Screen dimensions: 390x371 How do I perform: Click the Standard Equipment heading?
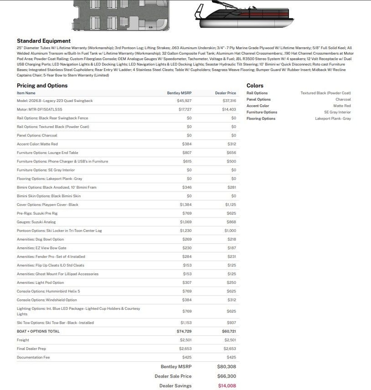pos(44,41)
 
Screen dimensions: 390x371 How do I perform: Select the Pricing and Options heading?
pos(42,85)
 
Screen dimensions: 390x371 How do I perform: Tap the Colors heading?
pos(255,85)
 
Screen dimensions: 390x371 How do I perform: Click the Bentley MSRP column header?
pos(179,93)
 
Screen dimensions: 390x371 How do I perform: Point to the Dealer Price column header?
pos(225,93)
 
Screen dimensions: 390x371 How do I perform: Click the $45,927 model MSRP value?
pos(184,101)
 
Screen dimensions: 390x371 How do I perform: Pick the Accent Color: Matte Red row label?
pos(37,144)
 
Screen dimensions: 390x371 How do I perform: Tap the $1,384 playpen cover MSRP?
pos(185,205)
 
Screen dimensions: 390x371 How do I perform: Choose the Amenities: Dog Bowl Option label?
pos(40,239)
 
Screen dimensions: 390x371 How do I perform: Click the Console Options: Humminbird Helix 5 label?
pos(48,291)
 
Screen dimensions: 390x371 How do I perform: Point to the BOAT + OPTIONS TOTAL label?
pos(38,332)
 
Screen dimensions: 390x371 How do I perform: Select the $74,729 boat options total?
pos(184,332)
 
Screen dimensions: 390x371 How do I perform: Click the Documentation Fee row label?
pos(33,358)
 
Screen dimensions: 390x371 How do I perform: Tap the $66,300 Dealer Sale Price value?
pos(226,376)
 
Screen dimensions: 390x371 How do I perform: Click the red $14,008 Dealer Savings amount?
pos(227,386)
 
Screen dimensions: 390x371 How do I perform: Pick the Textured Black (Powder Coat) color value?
pos(326,93)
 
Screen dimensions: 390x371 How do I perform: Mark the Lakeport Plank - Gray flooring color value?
pos(333,119)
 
